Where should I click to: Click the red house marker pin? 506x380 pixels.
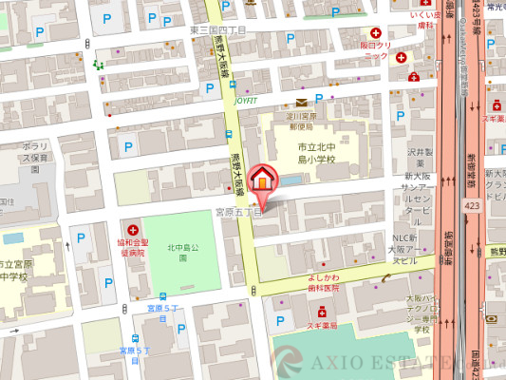[x=263, y=182]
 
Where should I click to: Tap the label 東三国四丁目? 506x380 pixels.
[x=218, y=30]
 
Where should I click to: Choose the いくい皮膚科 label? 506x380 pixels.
[x=422, y=21]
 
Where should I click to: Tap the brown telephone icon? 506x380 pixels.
[x=386, y=277]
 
